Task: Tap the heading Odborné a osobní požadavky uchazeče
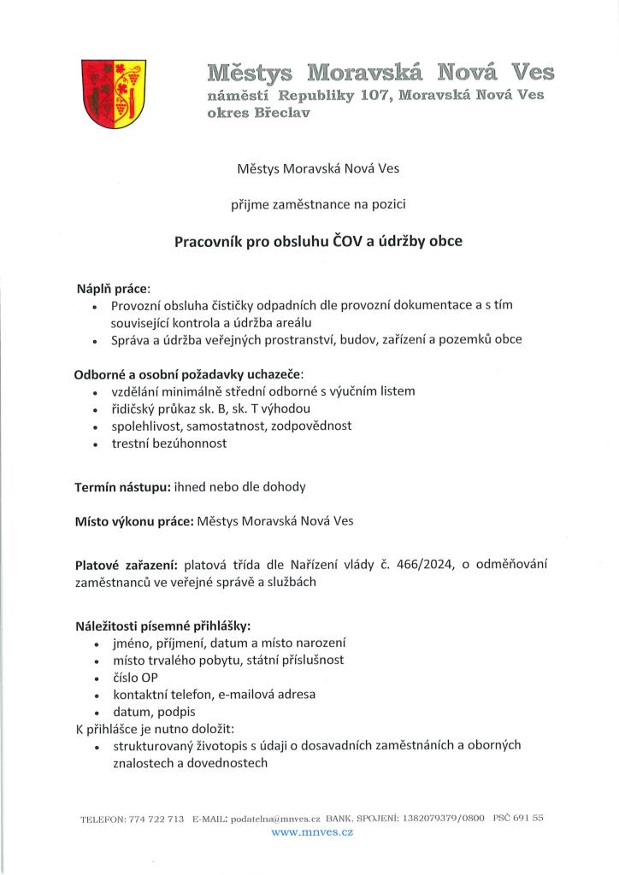(189, 374)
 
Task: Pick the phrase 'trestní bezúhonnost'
(169, 443)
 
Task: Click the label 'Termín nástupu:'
(122, 486)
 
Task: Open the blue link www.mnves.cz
(312, 831)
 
